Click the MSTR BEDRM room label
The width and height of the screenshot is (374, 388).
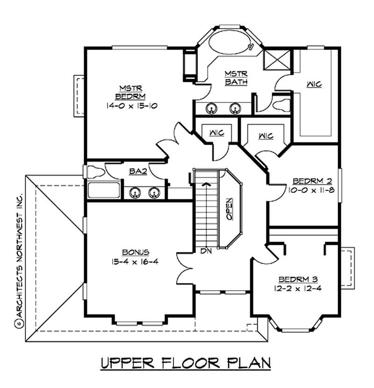click(x=127, y=92)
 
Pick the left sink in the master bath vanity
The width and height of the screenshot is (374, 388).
click(x=212, y=108)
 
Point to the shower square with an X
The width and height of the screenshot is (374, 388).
click(x=272, y=61)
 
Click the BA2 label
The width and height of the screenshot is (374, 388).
click(x=138, y=172)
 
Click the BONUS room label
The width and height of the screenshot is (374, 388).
click(x=132, y=252)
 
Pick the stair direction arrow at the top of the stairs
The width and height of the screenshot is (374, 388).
click(x=205, y=184)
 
